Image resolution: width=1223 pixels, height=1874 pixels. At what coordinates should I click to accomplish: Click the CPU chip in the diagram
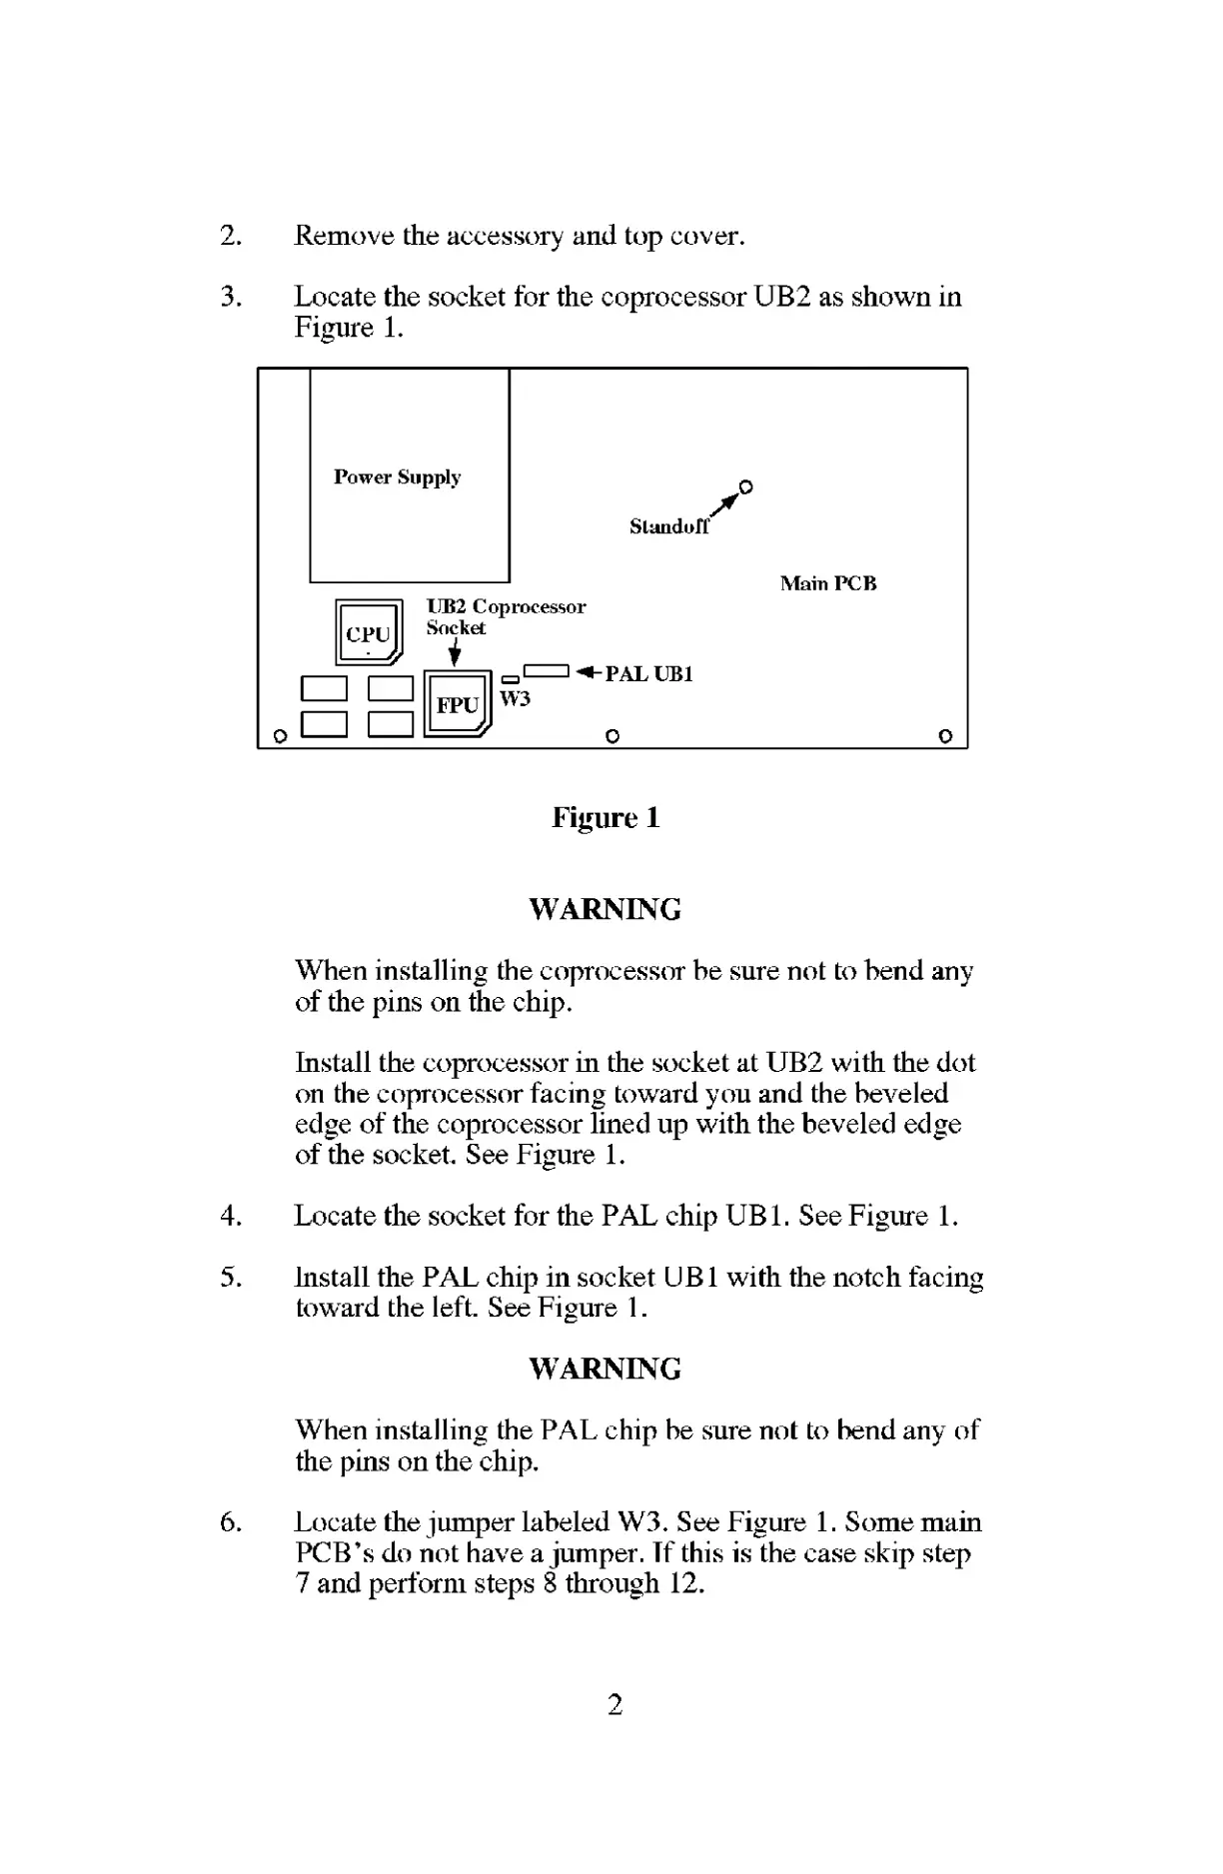click(369, 632)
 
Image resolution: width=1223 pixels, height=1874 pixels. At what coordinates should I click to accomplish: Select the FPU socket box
click(458, 703)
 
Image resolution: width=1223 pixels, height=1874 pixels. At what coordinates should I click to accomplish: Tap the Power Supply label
click(398, 476)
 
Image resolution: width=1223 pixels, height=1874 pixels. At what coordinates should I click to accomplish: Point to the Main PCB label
click(828, 583)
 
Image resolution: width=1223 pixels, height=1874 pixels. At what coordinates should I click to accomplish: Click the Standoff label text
click(669, 526)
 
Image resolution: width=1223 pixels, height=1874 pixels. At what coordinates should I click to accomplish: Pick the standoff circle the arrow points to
click(745, 487)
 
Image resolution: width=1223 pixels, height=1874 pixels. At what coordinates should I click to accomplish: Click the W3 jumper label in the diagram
click(515, 698)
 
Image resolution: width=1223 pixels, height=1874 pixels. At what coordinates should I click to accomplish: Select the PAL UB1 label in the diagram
click(648, 673)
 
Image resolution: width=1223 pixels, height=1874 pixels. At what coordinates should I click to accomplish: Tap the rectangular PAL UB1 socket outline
click(546, 670)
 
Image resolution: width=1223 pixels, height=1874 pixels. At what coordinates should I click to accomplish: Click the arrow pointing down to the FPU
click(456, 653)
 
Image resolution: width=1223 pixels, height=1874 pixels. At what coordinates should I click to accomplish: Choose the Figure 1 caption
click(606, 818)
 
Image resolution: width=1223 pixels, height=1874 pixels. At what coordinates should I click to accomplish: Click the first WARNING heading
click(605, 910)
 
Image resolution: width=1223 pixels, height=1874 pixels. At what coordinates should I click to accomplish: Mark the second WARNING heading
click(605, 1369)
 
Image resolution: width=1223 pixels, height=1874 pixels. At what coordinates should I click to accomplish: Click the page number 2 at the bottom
click(614, 1704)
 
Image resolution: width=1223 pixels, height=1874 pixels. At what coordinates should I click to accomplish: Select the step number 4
click(231, 1216)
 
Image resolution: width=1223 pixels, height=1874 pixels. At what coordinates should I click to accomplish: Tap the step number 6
click(231, 1522)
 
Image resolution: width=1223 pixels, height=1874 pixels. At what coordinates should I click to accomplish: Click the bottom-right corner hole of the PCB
click(945, 736)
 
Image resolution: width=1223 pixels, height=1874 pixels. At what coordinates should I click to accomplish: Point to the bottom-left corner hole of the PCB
click(281, 737)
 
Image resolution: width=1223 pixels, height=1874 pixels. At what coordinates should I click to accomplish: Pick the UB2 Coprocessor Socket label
click(506, 616)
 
